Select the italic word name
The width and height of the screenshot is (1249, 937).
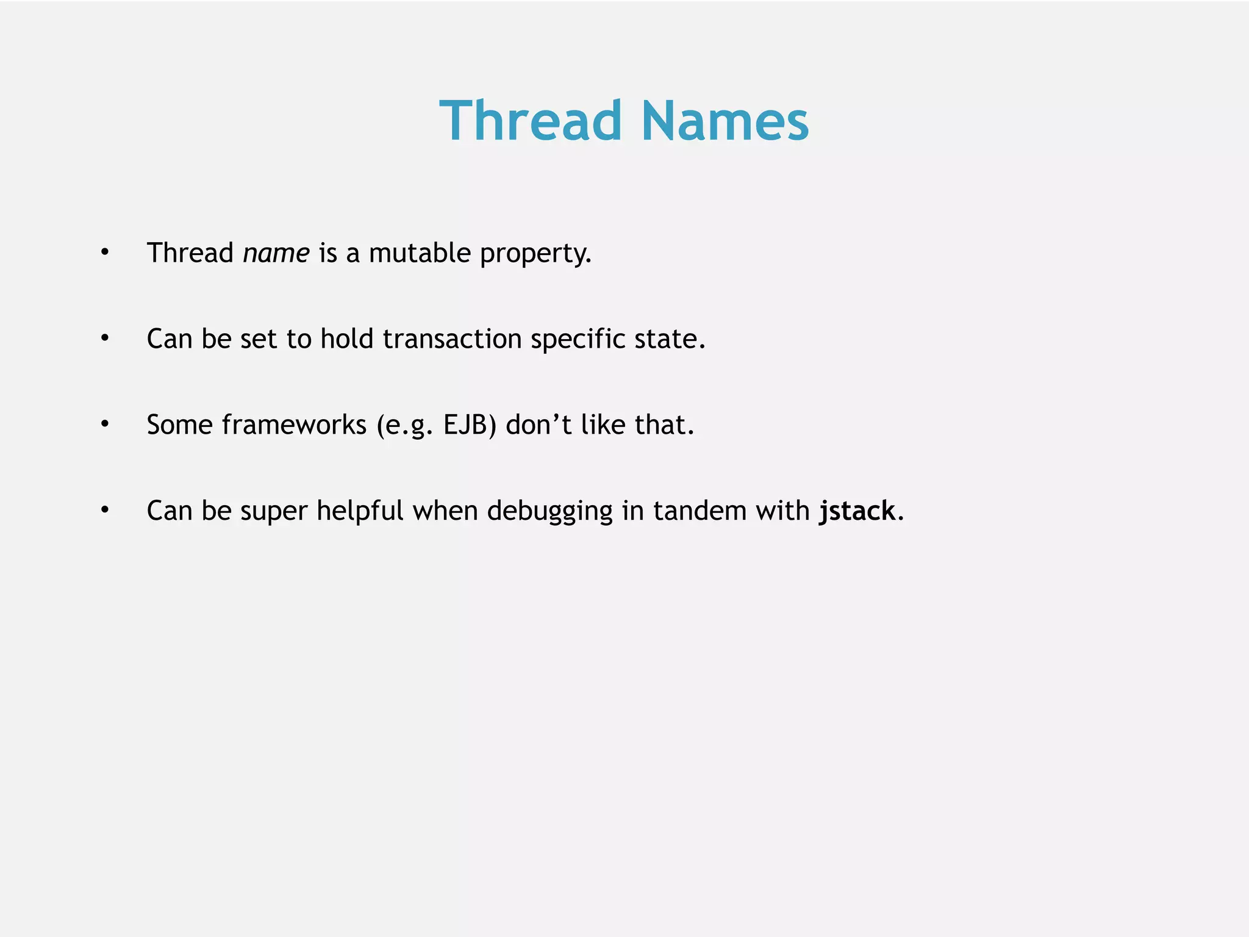pyautogui.click(x=276, y=253)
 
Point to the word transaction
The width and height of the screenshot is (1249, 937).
pyautogui.click(x=452, y=339)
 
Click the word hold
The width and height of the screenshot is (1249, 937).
pyautogui.click(x=346, y=339)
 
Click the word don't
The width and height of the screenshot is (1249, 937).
pyautogui.click(x=539, y=425)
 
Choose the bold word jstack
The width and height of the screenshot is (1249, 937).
pyautogui.click(x=857, y=511)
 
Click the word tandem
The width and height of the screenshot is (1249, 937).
pyautogui.click(x=700, y=511)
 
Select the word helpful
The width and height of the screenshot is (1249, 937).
pyautogui.click(x=360, y=511)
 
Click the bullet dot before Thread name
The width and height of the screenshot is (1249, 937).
pyautogui.click(x=105, y=252)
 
